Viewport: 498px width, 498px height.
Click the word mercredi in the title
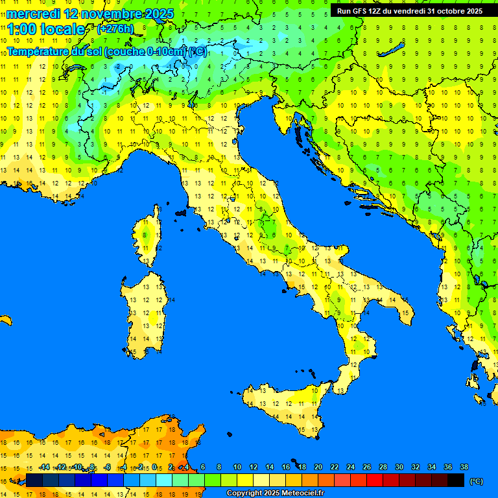coord(33,14)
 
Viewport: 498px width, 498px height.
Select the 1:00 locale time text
coord(46,29)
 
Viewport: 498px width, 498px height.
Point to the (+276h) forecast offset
coord(115,29)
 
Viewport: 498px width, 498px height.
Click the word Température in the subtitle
coord(43,51)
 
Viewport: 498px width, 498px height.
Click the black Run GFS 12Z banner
coord(409,11)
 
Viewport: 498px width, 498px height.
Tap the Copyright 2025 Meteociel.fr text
coord(275,493)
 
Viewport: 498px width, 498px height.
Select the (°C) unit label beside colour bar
coord(477,481)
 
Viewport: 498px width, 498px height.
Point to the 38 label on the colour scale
coord(464,468)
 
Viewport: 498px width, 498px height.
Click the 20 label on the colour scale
coord(318,468)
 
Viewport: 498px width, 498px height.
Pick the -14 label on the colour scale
coord(44,468)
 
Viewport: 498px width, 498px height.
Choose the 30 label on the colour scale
coord(399,468)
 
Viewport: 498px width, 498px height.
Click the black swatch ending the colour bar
coord(456,480)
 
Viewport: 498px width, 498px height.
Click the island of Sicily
coord(285,409)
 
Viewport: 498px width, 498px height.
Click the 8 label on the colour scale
coord(219,468)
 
